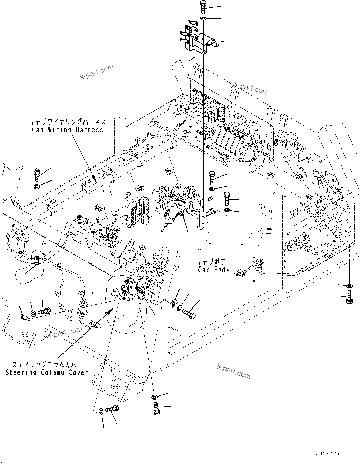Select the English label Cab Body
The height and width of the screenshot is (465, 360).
(214, 270)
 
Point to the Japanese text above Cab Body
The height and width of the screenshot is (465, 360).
(213, 261)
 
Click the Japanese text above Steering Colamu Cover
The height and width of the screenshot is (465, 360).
(47, 365)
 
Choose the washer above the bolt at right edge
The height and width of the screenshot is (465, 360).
(349, 285)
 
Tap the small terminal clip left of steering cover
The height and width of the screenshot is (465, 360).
(24, 318)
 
